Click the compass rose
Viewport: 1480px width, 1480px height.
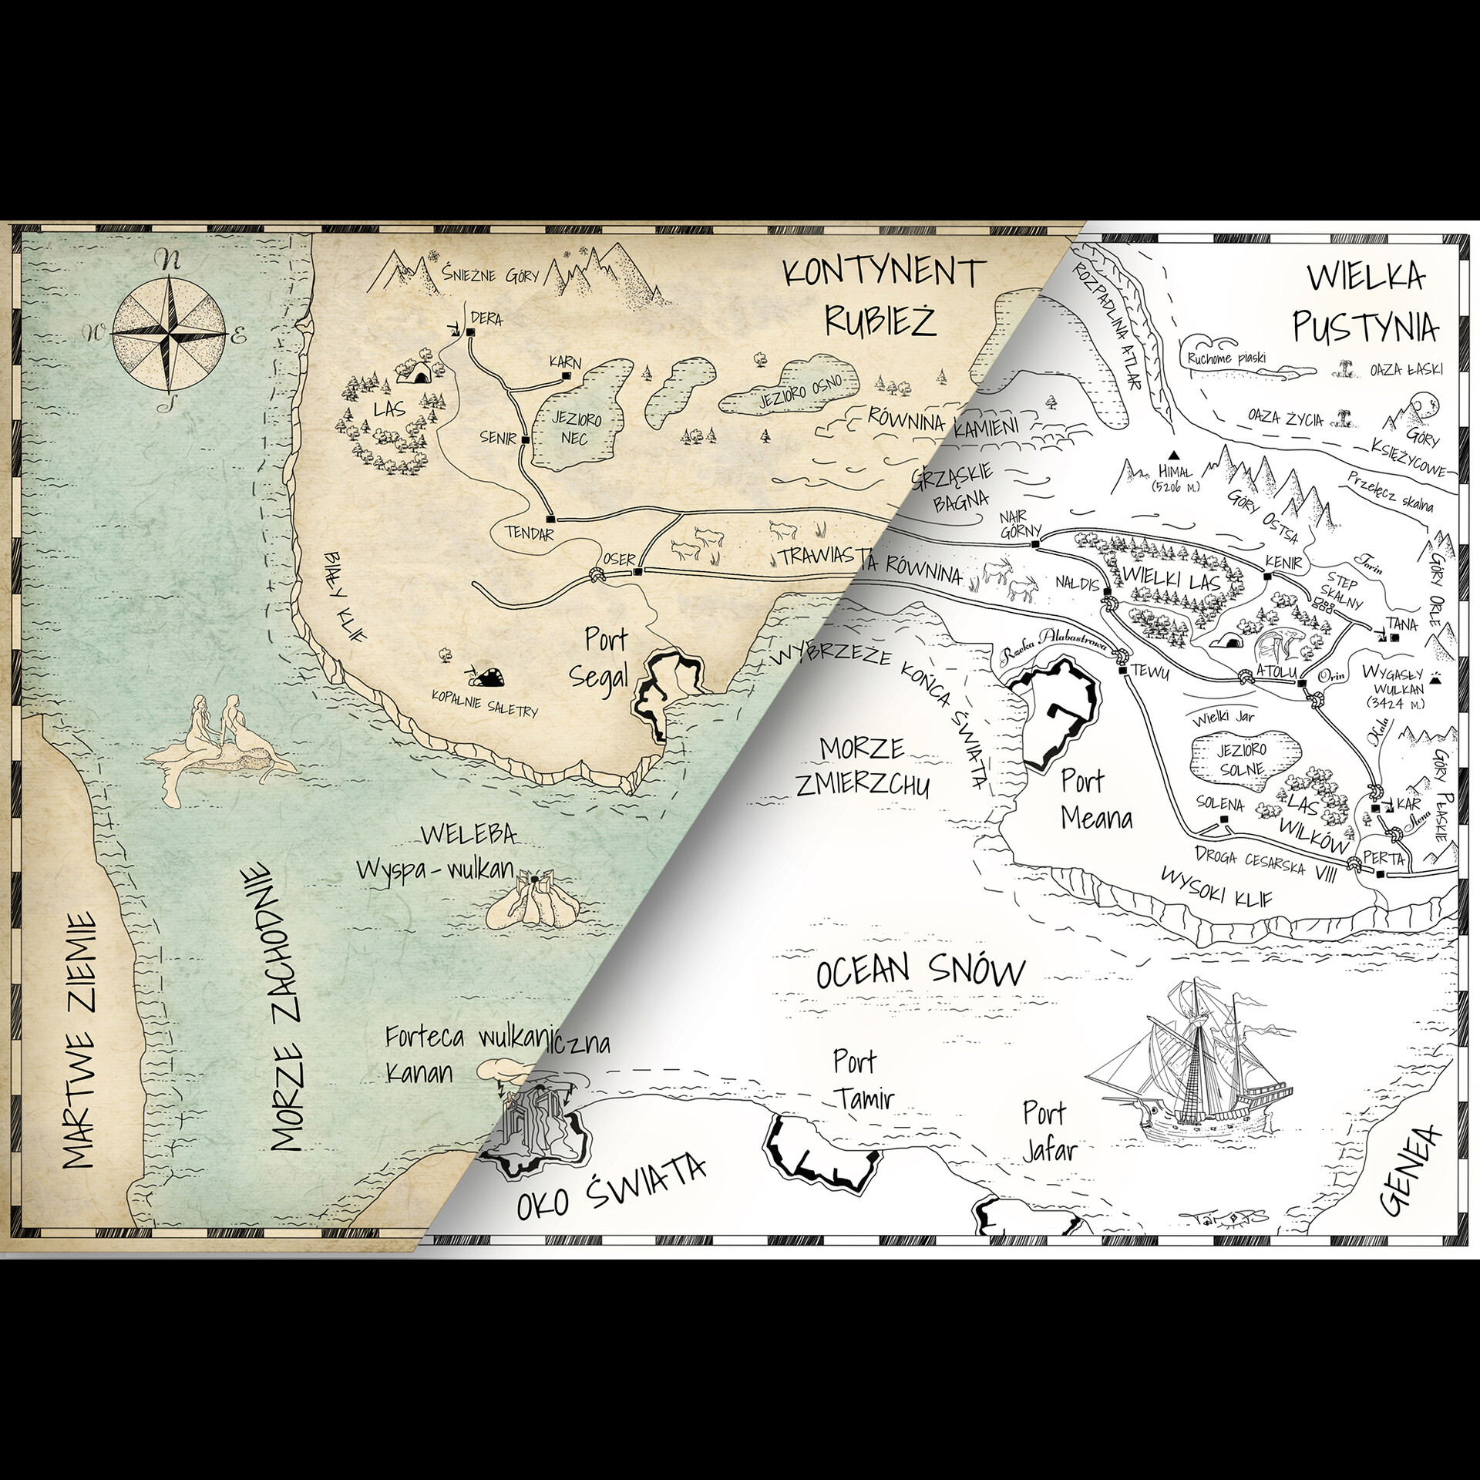pos(169,334)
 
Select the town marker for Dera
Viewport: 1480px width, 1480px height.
pos(470,332)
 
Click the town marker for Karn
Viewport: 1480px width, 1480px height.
pos(567,376)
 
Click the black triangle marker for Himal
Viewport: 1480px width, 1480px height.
pos(1176,456)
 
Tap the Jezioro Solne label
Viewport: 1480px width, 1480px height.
pos(1242,759)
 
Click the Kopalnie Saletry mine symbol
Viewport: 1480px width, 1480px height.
pos(487,678)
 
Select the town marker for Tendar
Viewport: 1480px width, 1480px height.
pos(550,520)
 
